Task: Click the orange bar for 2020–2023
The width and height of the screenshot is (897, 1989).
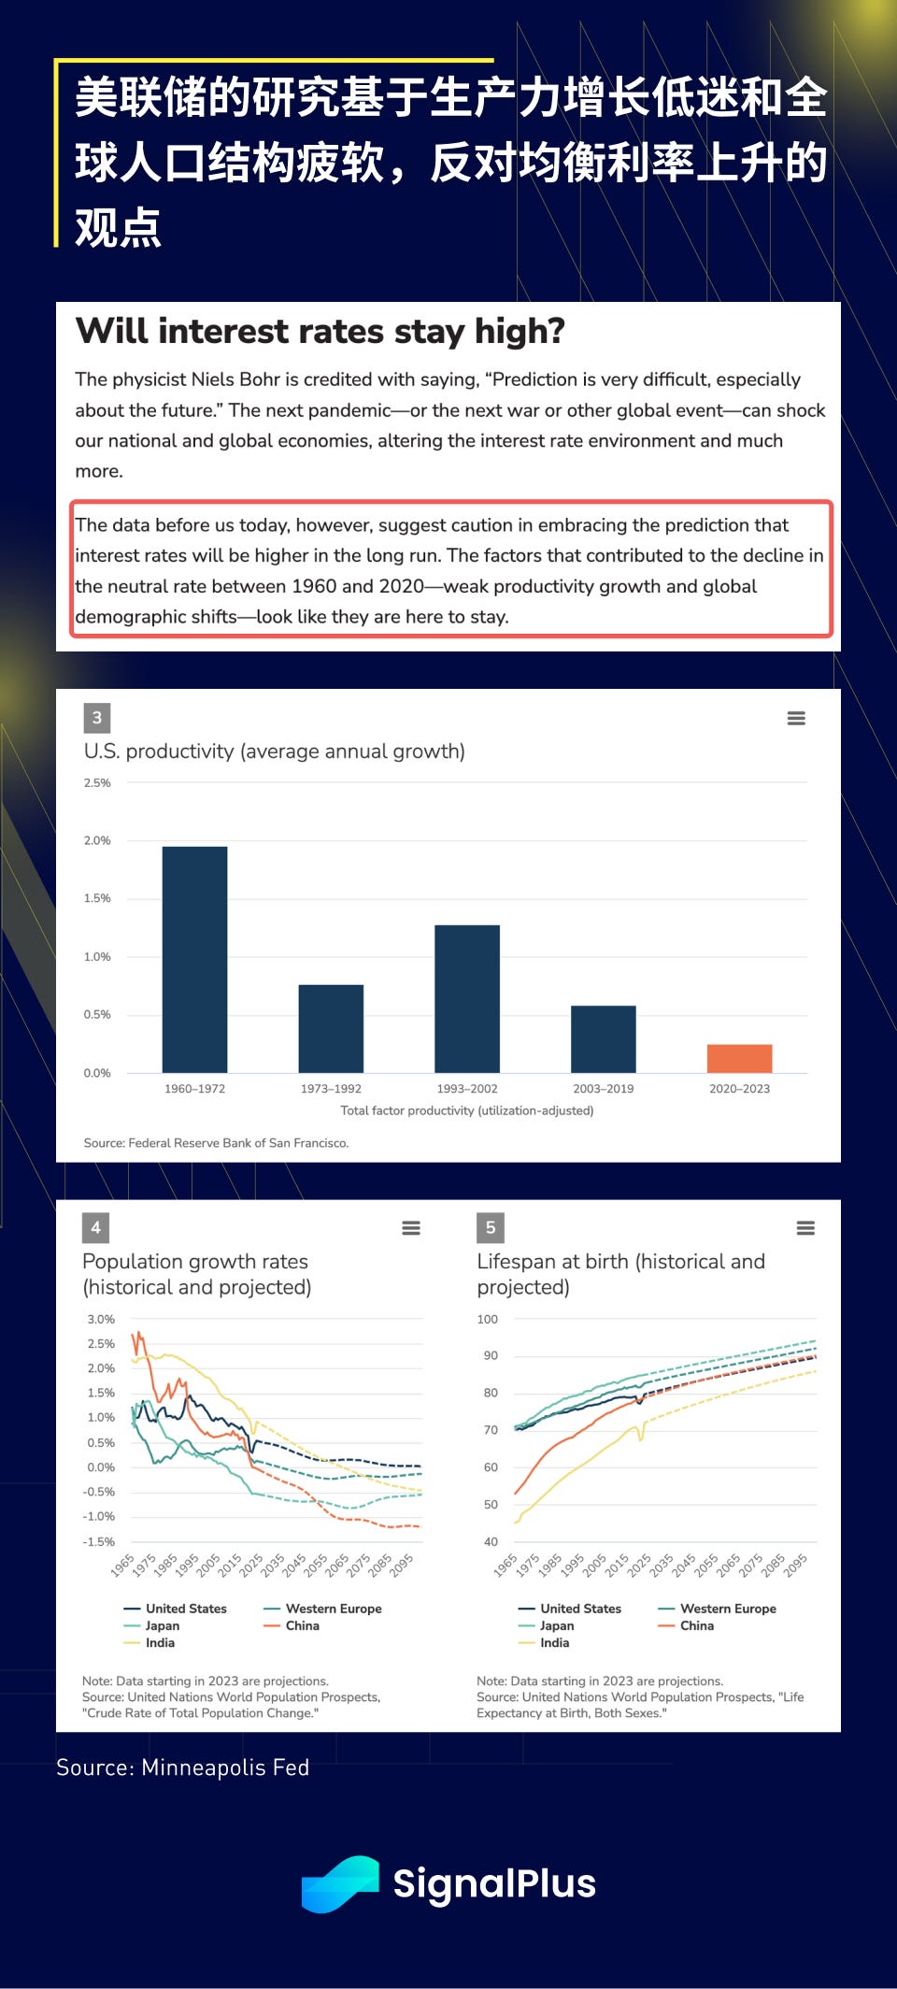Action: (739, 1058)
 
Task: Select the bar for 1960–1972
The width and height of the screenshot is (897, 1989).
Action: (194, 959)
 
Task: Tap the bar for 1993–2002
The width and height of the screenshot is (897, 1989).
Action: (467, 998)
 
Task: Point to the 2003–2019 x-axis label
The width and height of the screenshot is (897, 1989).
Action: (603, 1089)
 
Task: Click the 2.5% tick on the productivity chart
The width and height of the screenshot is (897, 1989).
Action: (97, 783)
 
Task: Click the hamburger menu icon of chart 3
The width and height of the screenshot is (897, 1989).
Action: (796, 718)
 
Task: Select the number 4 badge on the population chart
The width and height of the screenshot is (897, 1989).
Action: (95, 1227)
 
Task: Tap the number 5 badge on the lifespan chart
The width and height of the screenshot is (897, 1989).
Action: (491, 1227)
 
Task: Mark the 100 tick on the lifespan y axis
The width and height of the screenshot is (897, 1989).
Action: (488, 1320)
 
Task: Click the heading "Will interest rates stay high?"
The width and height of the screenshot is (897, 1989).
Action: (320, 332)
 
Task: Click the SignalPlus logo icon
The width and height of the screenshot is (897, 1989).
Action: (339, 1883)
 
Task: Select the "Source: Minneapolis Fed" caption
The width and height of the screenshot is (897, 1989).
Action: (182, 1767)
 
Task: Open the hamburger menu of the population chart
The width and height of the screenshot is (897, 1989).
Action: (411, 1228)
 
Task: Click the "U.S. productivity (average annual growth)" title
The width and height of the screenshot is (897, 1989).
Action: (275, 751)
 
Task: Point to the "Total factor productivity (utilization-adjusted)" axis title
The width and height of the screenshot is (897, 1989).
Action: (467, 1110)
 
